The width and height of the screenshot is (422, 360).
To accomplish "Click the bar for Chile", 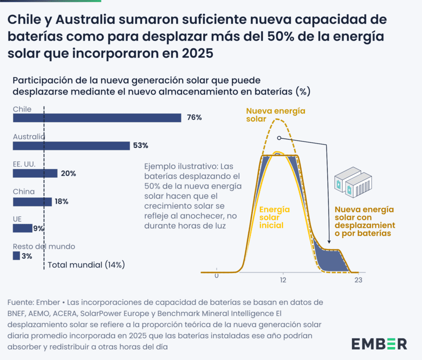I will point(97,118).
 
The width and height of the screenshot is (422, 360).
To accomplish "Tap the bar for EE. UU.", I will point(35,173).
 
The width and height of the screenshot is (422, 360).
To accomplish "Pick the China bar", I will point(32,201).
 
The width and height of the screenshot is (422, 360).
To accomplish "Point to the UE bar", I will point(22,228).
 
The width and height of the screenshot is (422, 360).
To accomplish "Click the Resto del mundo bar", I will point(16,256).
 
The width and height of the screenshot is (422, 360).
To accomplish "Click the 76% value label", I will point(194,118).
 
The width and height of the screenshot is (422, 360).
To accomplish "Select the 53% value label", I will point(141,146).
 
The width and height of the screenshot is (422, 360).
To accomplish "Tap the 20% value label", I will point(68,173).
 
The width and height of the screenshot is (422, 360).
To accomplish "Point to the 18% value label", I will point(61,201).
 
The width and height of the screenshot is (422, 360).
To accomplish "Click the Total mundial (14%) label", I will point(86,264).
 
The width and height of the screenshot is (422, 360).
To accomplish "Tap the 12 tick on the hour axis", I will point(283,280).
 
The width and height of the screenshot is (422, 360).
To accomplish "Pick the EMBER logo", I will point(379,344).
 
